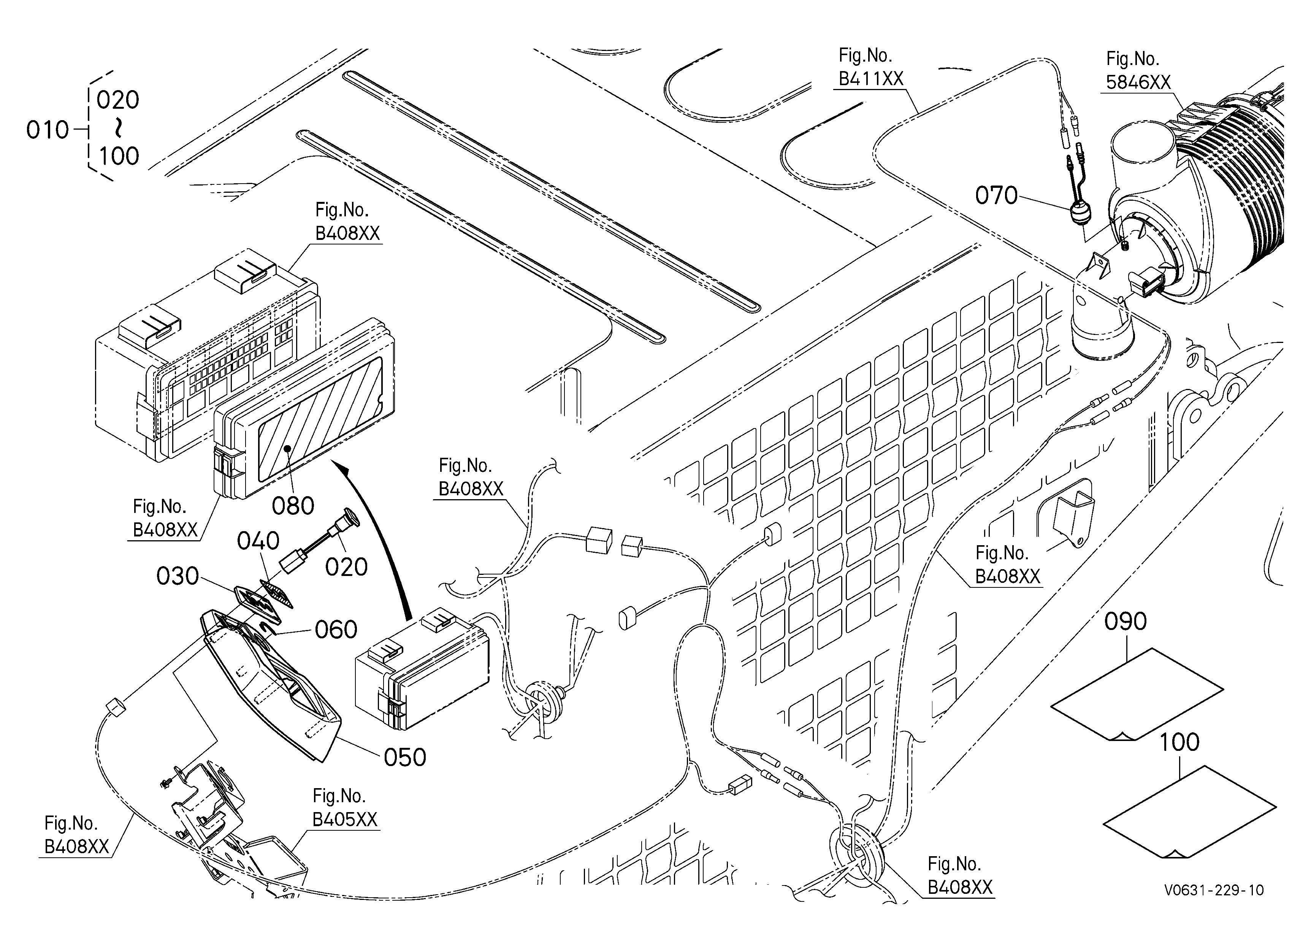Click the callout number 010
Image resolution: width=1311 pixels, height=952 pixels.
click(48, 131)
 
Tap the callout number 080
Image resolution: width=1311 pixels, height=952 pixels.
click(293, 506)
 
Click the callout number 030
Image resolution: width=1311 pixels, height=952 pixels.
click(178, 576)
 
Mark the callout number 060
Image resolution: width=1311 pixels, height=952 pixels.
click(336, 630)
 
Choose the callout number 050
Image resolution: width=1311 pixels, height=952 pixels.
click(405, 758)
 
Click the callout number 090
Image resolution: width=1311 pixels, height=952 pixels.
click(1126, 622)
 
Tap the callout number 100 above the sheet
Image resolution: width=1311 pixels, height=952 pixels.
click(1179, 743)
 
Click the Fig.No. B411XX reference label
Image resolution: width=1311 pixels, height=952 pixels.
click(870, 67)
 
